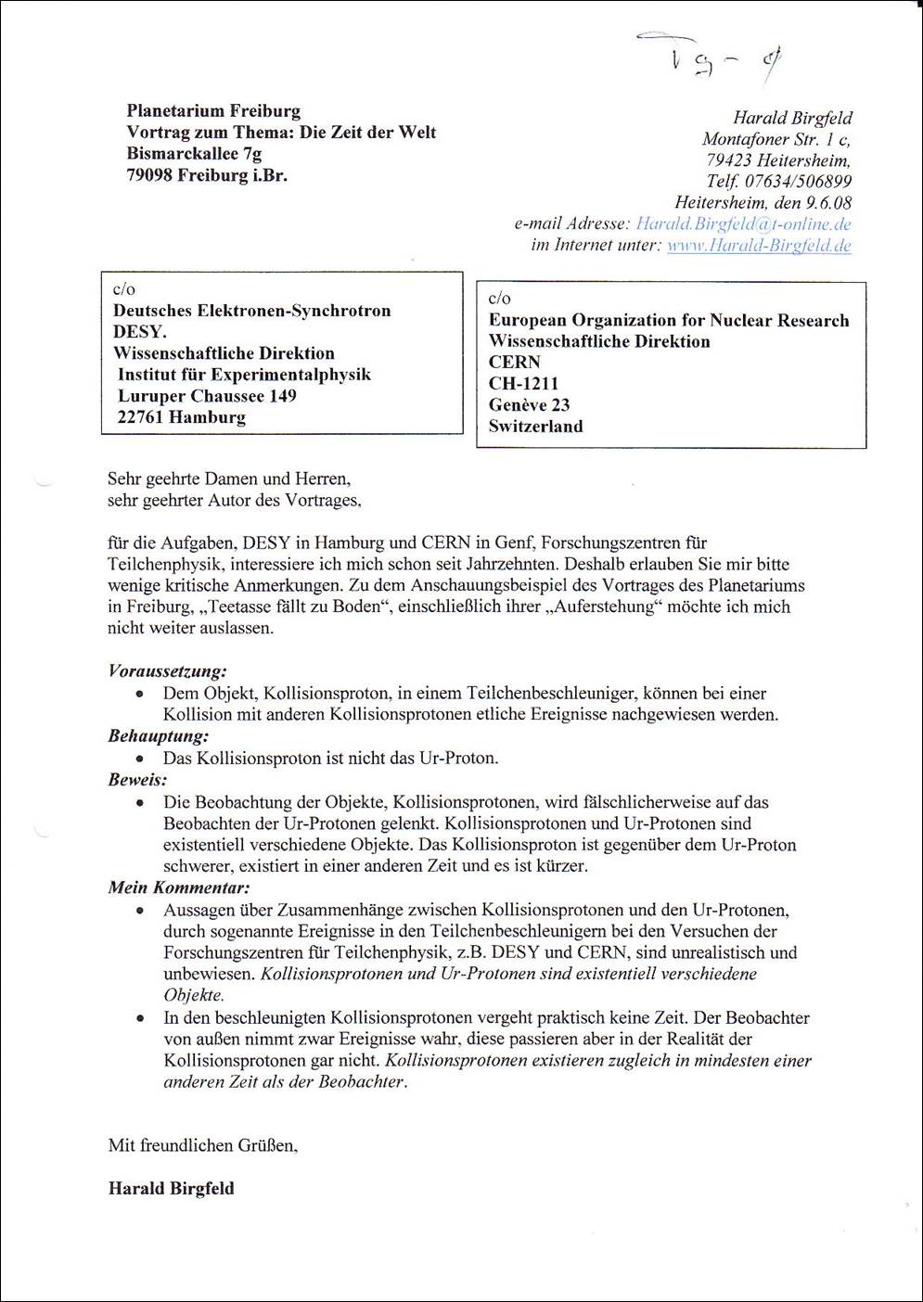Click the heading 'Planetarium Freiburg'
[x=213, y=111]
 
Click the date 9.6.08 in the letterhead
[x=829, y=203]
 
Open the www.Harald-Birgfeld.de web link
[x=759, y=246]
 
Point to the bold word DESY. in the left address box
[x=140, y=332]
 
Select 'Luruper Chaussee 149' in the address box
[x=207, y=396]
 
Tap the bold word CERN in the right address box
[x=515, y=363]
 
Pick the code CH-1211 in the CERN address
[x=524, y=384]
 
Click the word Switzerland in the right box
[x=536, y=427]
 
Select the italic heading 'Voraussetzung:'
[x=168, y=670]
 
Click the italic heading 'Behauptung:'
[x=159, y=735]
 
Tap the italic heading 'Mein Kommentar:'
[x=179, y=887]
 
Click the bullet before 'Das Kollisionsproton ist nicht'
[x=139, y=759]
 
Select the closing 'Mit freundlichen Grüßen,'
[x=203, y=1145]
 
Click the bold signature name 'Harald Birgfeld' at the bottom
[x=172, y=1189]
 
